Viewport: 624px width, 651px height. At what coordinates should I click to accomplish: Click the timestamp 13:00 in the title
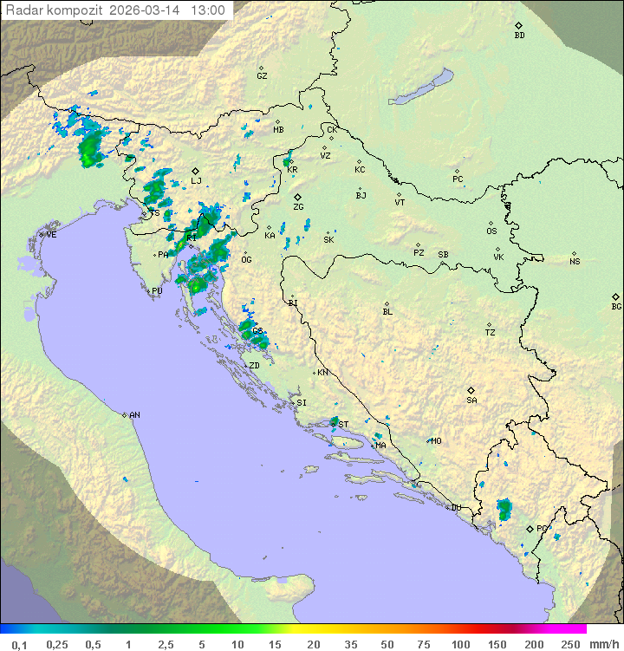click(x=209, y=10)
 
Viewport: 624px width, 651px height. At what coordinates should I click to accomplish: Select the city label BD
click(x=519, y=36)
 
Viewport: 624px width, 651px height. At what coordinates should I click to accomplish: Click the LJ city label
click(x=197, y=181)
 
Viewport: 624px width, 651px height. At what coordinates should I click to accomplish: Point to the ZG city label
click(x=298, y=207)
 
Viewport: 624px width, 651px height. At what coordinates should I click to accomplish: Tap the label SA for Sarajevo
click(x=471, y=400)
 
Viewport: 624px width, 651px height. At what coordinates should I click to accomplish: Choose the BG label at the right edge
click(x=616, y=307)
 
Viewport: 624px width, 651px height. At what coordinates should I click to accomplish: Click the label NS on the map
click(x=575, y=262)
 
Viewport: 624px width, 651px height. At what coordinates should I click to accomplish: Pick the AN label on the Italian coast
click(x=134, y=415)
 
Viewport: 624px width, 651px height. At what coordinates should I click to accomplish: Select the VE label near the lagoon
click(x=51, y=235)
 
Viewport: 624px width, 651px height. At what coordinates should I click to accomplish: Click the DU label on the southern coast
click(x=456, y=508)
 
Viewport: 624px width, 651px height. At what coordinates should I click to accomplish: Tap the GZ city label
click(x=262, y=76)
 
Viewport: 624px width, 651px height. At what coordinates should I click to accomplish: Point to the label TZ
click(x=491, y=333)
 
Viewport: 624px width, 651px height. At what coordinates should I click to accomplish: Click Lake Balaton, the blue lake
click(x=421, y=87)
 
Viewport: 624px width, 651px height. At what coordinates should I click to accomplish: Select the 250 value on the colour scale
click(x=570, y=644)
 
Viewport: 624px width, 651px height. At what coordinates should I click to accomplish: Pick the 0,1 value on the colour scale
click(x=20, y=644)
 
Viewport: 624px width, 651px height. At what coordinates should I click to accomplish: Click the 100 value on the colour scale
click(x=460, y=644)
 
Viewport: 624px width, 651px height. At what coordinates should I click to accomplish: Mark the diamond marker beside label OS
click(x=491, y=222)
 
